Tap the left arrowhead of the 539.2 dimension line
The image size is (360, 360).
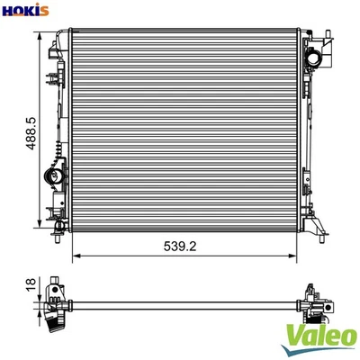coord(74,255)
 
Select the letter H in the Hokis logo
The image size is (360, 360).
coord(7,10)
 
